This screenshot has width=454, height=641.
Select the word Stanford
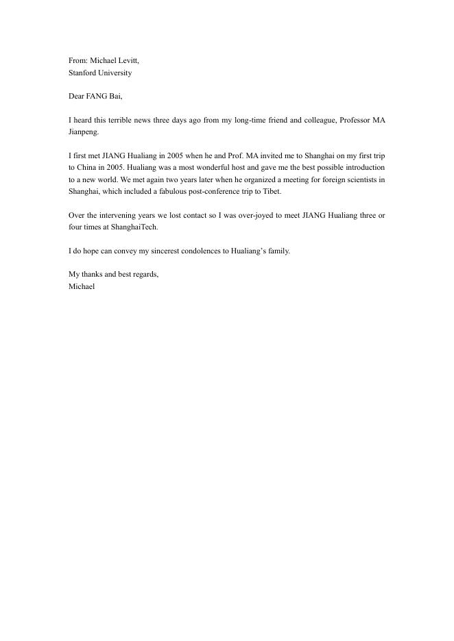(x=82, y=73)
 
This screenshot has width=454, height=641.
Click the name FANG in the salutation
(x=97, y=97)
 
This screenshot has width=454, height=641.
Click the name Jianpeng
(x=84, y=132)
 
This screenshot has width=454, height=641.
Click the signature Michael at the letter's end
(x=82, y=287)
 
